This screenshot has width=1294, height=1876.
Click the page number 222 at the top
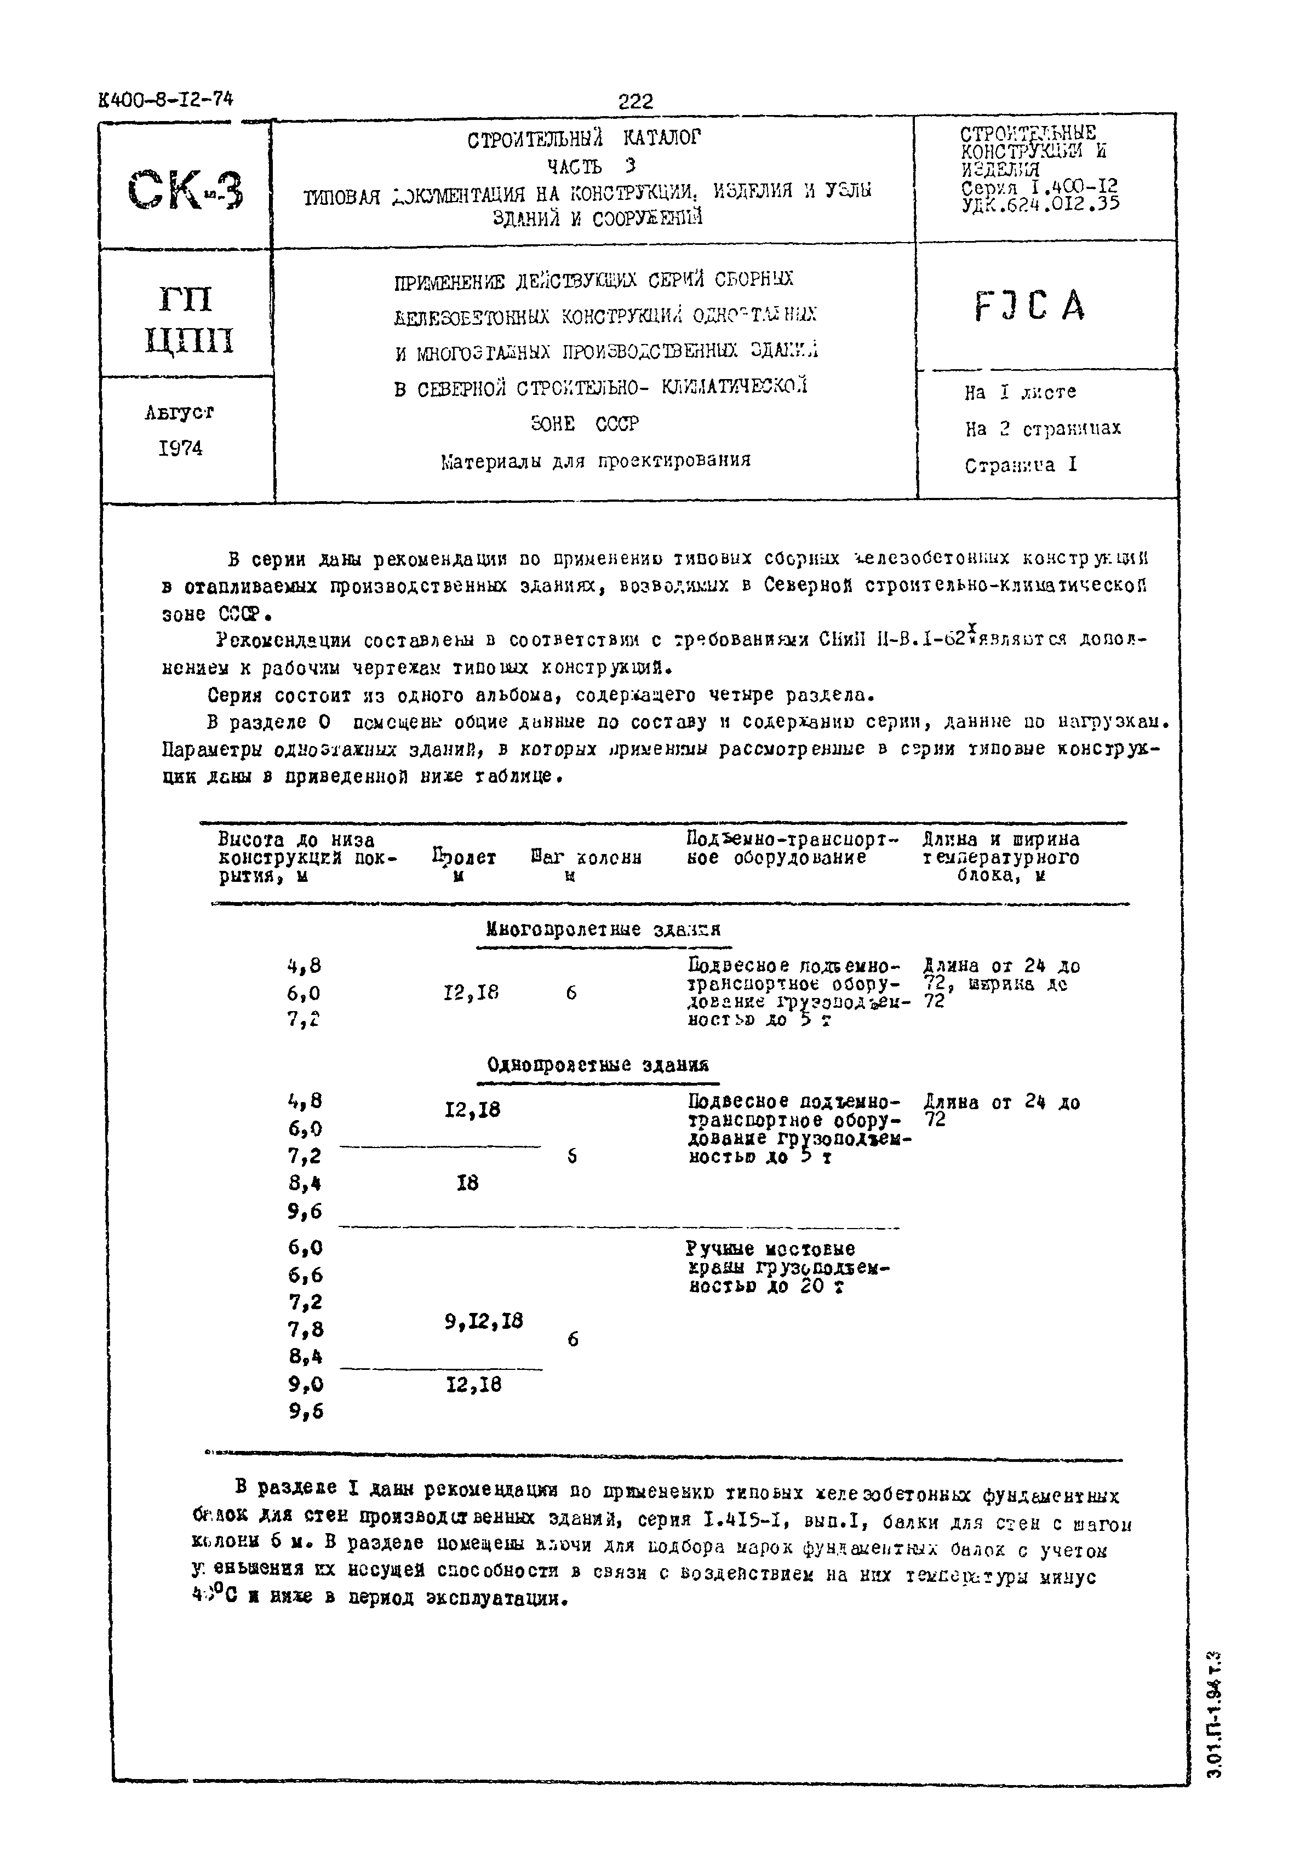[635, 101]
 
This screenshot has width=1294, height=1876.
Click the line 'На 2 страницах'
[1042, 428]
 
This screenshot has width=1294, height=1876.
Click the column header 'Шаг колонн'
[586, 858]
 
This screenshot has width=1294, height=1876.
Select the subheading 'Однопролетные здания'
[598, 1064]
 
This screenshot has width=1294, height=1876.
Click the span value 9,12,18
[483, 1322]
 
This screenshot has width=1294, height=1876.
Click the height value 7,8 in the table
[305, 1329]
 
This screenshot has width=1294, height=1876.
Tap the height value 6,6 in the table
[305, 1275]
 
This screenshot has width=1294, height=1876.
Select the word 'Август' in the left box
[179, 412]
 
